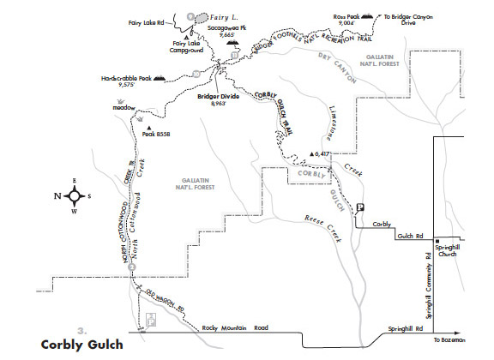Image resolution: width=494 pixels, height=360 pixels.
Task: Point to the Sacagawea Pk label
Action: click(227, 32)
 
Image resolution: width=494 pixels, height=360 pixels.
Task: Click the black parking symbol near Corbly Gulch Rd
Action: click(361, 207)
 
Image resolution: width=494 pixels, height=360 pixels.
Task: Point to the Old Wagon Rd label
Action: click(166, 300)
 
